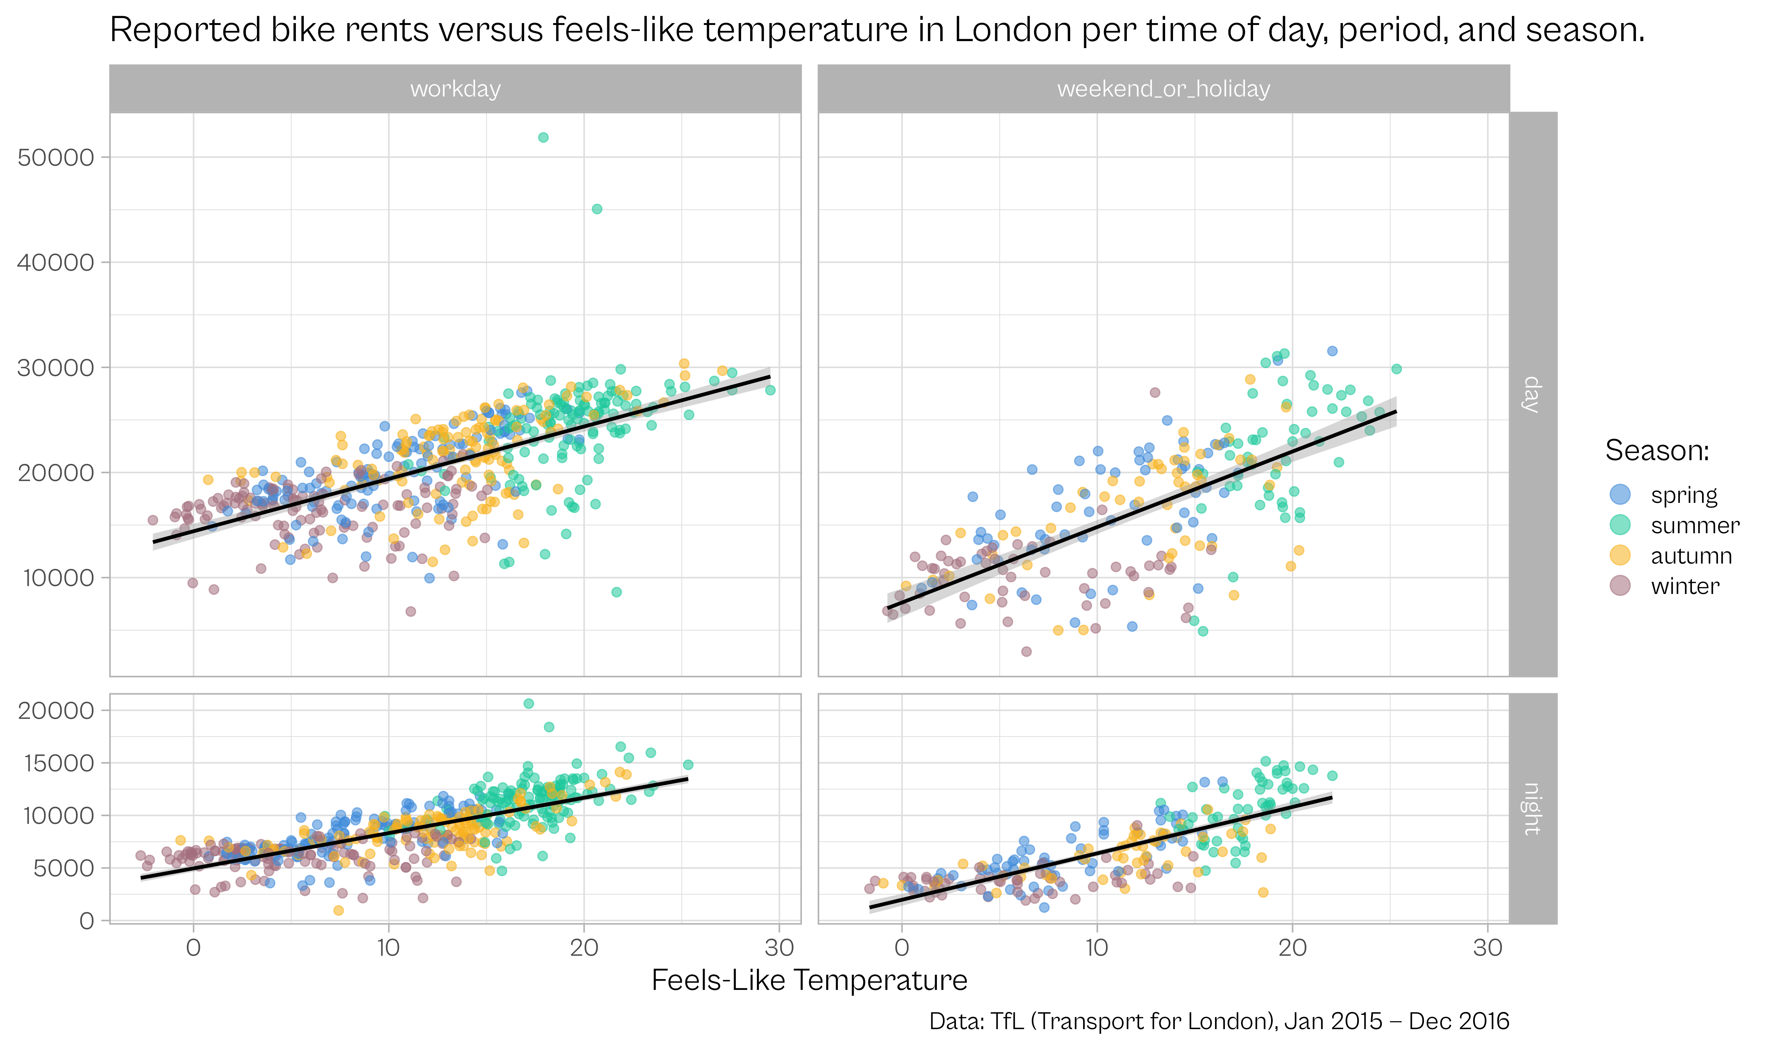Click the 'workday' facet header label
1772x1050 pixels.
(455, 89)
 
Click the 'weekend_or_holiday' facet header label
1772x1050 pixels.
(1163, 89)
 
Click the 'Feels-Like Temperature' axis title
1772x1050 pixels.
(809, 981)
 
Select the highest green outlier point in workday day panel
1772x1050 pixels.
(543, 137)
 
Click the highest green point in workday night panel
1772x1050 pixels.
(528, 703)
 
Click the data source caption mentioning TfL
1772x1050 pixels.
(1219, 1021)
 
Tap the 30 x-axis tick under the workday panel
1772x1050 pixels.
(779, 948)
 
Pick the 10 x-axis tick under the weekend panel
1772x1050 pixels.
(1097, 948)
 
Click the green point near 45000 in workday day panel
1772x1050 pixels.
(597, 209)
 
